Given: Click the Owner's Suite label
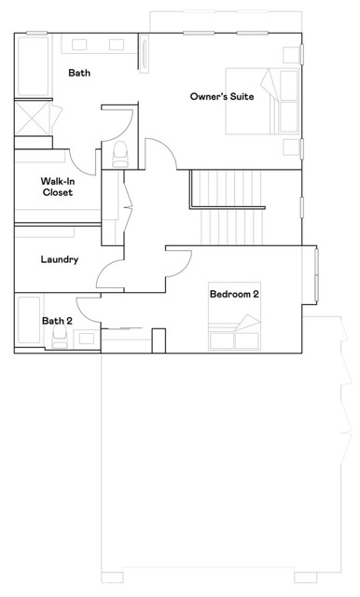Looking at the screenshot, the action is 222,96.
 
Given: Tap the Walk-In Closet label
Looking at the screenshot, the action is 58,187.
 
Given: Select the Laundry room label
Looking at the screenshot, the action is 60,259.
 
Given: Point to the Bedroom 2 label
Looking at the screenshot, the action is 234,294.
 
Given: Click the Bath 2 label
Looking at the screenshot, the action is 57,321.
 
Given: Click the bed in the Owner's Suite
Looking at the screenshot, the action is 263,101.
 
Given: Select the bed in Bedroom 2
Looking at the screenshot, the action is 234,316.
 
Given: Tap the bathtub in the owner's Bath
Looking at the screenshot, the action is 34,66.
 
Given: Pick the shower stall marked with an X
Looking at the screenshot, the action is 33,118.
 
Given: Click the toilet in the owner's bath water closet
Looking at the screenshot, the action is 121,154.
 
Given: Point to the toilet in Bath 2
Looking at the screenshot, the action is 59,337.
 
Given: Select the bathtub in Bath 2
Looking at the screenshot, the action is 29,320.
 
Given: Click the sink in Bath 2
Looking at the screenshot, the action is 87,339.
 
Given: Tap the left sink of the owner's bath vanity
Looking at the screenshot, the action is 79,45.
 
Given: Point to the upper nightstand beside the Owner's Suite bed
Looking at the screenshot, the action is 292,55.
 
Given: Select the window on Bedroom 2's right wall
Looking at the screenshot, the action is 316,274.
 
